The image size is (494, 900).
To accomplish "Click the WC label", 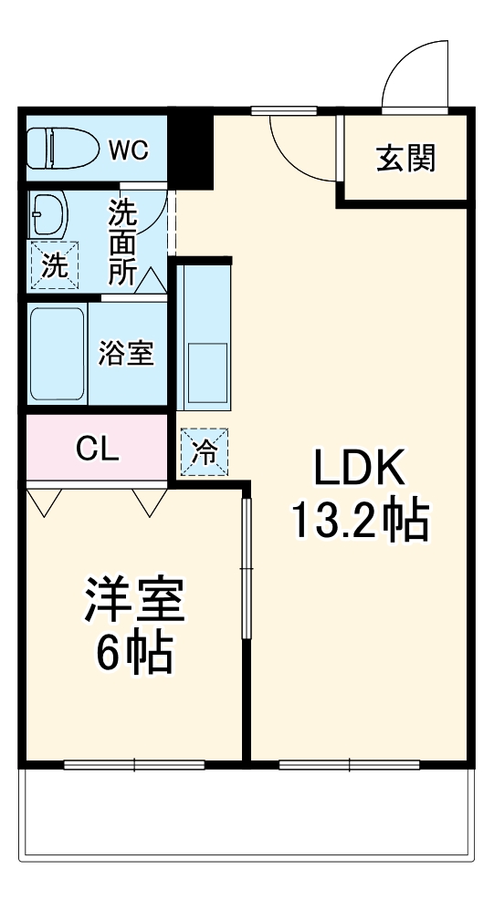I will click(x=127, y=150).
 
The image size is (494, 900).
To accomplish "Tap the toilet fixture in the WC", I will click(x=58, y=148).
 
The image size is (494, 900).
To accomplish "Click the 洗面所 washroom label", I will click(x=123, y=242).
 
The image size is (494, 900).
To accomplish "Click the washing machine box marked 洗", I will click(x=54, y=265).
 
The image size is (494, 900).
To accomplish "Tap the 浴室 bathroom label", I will click(x=126, y=354).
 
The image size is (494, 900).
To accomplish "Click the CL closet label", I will click(x=98, y=448).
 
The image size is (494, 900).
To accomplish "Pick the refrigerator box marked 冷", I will click(x=205, y=452).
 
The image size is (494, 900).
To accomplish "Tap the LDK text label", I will click(x=359, y=470).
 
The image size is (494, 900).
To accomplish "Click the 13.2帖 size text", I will click(x=359, y=521).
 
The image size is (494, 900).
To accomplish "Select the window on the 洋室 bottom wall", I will click(x=133, y=764).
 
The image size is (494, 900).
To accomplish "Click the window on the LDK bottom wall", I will click(x=349, y=764).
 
